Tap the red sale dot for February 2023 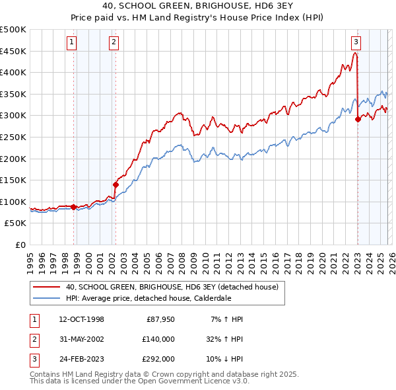click(358, 119)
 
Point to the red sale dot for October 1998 click(73, 207)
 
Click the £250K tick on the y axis click(13, 137)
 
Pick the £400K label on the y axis click(13, 72)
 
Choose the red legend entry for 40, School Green click(172, 287)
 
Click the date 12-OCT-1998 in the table click(81, 319)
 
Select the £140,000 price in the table click(158, 338)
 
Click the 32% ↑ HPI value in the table click(224, 338)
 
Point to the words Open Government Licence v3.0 click(191, 381)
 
